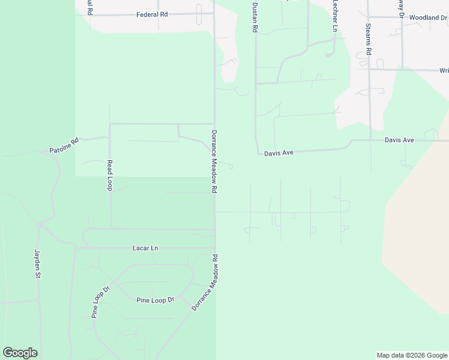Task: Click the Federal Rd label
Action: (x=151, y=14)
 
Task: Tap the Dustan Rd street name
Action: (x=255, y=16)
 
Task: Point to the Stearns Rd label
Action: (x=369, y=38)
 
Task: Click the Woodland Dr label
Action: (x=429, y=18)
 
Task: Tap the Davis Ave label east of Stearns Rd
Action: (x=399, y=140)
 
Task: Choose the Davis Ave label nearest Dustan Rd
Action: (x=279, y=154)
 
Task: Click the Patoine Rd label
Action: (x=64, y=146)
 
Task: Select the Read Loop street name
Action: (x=110, y=175)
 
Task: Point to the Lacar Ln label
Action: (x=145, y=248)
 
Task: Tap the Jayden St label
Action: (x=37, y=264)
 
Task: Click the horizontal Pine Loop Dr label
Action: (x=155, y=300)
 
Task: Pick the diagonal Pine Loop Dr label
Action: (x=100, y=302)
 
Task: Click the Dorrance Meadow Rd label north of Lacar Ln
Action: (x=214, y=161)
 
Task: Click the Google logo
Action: (x=20, y=353)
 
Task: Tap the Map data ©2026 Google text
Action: (x=412, y=355)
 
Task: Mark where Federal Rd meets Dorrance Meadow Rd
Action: (x=214, y=13)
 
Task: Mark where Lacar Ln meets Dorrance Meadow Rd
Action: (x=215, y=247)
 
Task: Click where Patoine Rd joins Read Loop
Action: (x=109, y=137)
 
